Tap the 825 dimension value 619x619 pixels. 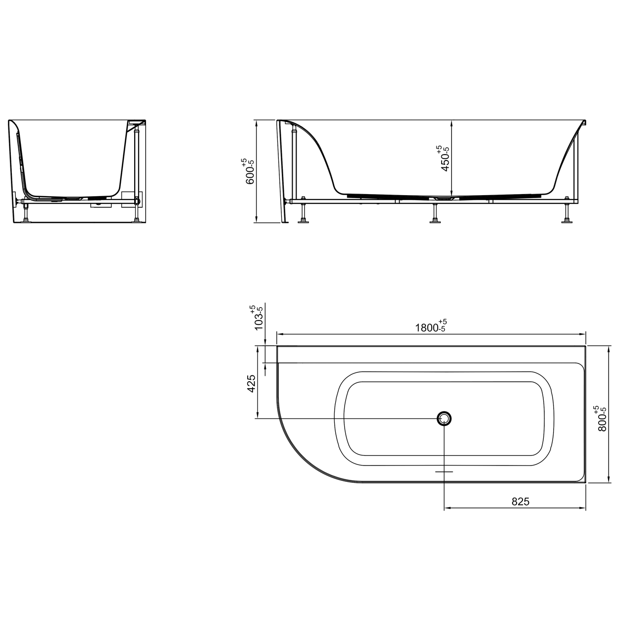(x=520, y=502)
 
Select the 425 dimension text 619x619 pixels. (x=251, y=383)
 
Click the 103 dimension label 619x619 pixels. (x=258, y=317)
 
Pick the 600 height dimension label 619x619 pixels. (x=249, y=171)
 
